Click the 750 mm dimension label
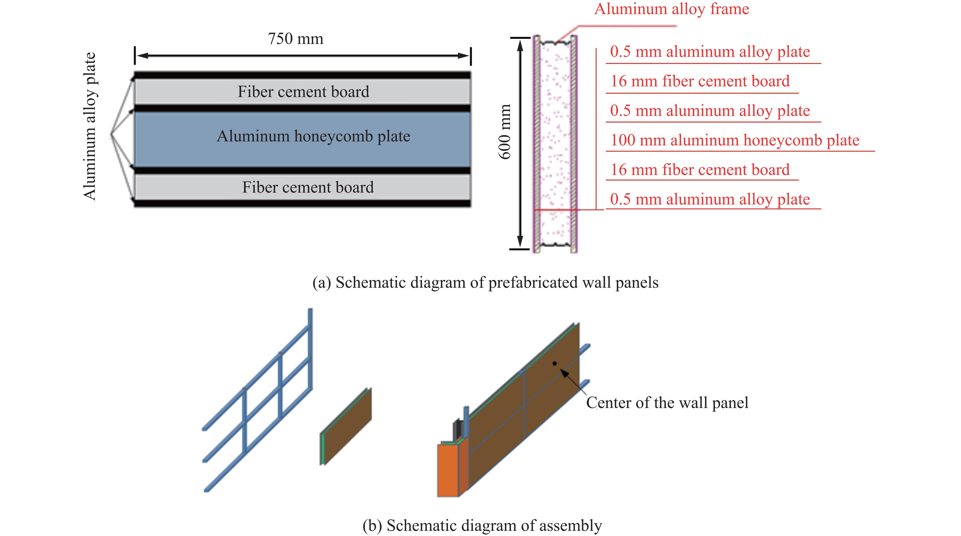(295, 39)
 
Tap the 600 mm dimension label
(505, 132)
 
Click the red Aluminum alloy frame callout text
(672, 9)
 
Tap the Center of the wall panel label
(667, 403)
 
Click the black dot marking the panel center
(555, 363)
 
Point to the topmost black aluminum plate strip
(302, 75)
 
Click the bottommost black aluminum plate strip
(302, 203)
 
